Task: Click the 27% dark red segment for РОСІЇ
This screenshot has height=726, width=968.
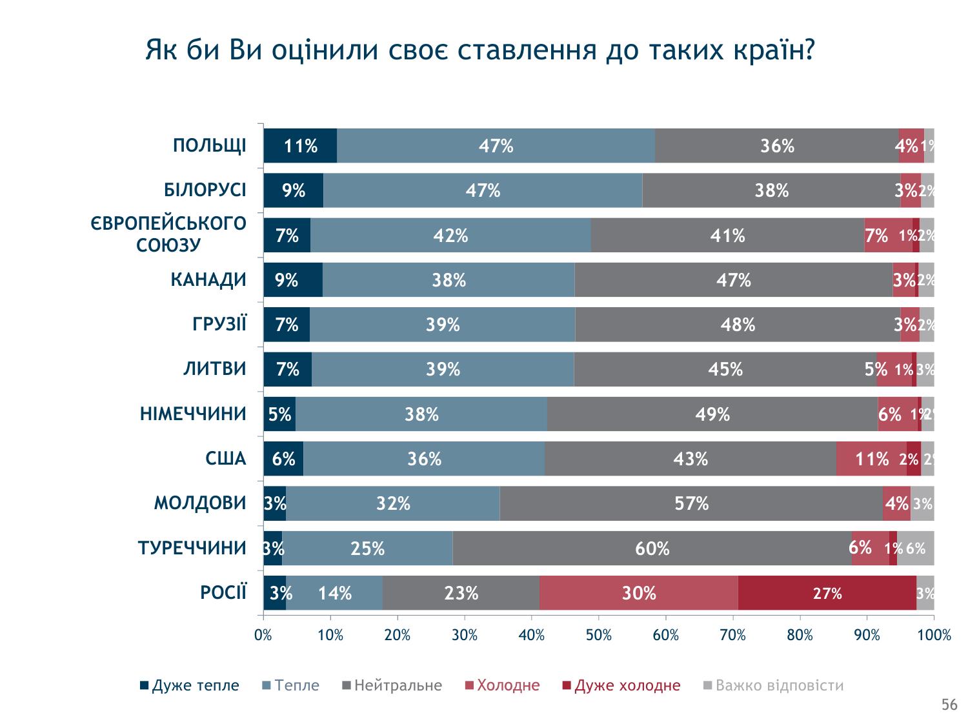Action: pos(827,593)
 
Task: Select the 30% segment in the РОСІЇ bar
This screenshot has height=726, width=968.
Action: pos(638,593)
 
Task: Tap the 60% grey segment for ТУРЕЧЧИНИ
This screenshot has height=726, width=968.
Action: pos(652,549)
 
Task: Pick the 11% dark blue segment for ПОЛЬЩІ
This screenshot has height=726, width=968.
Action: pos(300,146)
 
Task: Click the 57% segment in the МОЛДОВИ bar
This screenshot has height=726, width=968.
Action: pos(691,503)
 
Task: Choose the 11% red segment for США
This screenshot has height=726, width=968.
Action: pos(871,459)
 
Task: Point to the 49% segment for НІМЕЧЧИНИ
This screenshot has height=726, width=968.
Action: pos(712,414)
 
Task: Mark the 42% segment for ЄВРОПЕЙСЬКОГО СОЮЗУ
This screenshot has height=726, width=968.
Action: pos(450,236)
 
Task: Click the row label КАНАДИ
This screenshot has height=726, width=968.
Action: pos(208,280)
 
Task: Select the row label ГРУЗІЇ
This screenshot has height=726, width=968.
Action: pos(219,325)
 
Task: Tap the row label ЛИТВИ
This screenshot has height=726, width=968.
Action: pos(215,369)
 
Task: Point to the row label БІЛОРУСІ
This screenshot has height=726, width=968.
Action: pos(205,190)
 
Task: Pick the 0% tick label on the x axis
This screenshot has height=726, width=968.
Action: pos(263,636)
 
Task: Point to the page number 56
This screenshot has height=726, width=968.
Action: pos(949,705)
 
